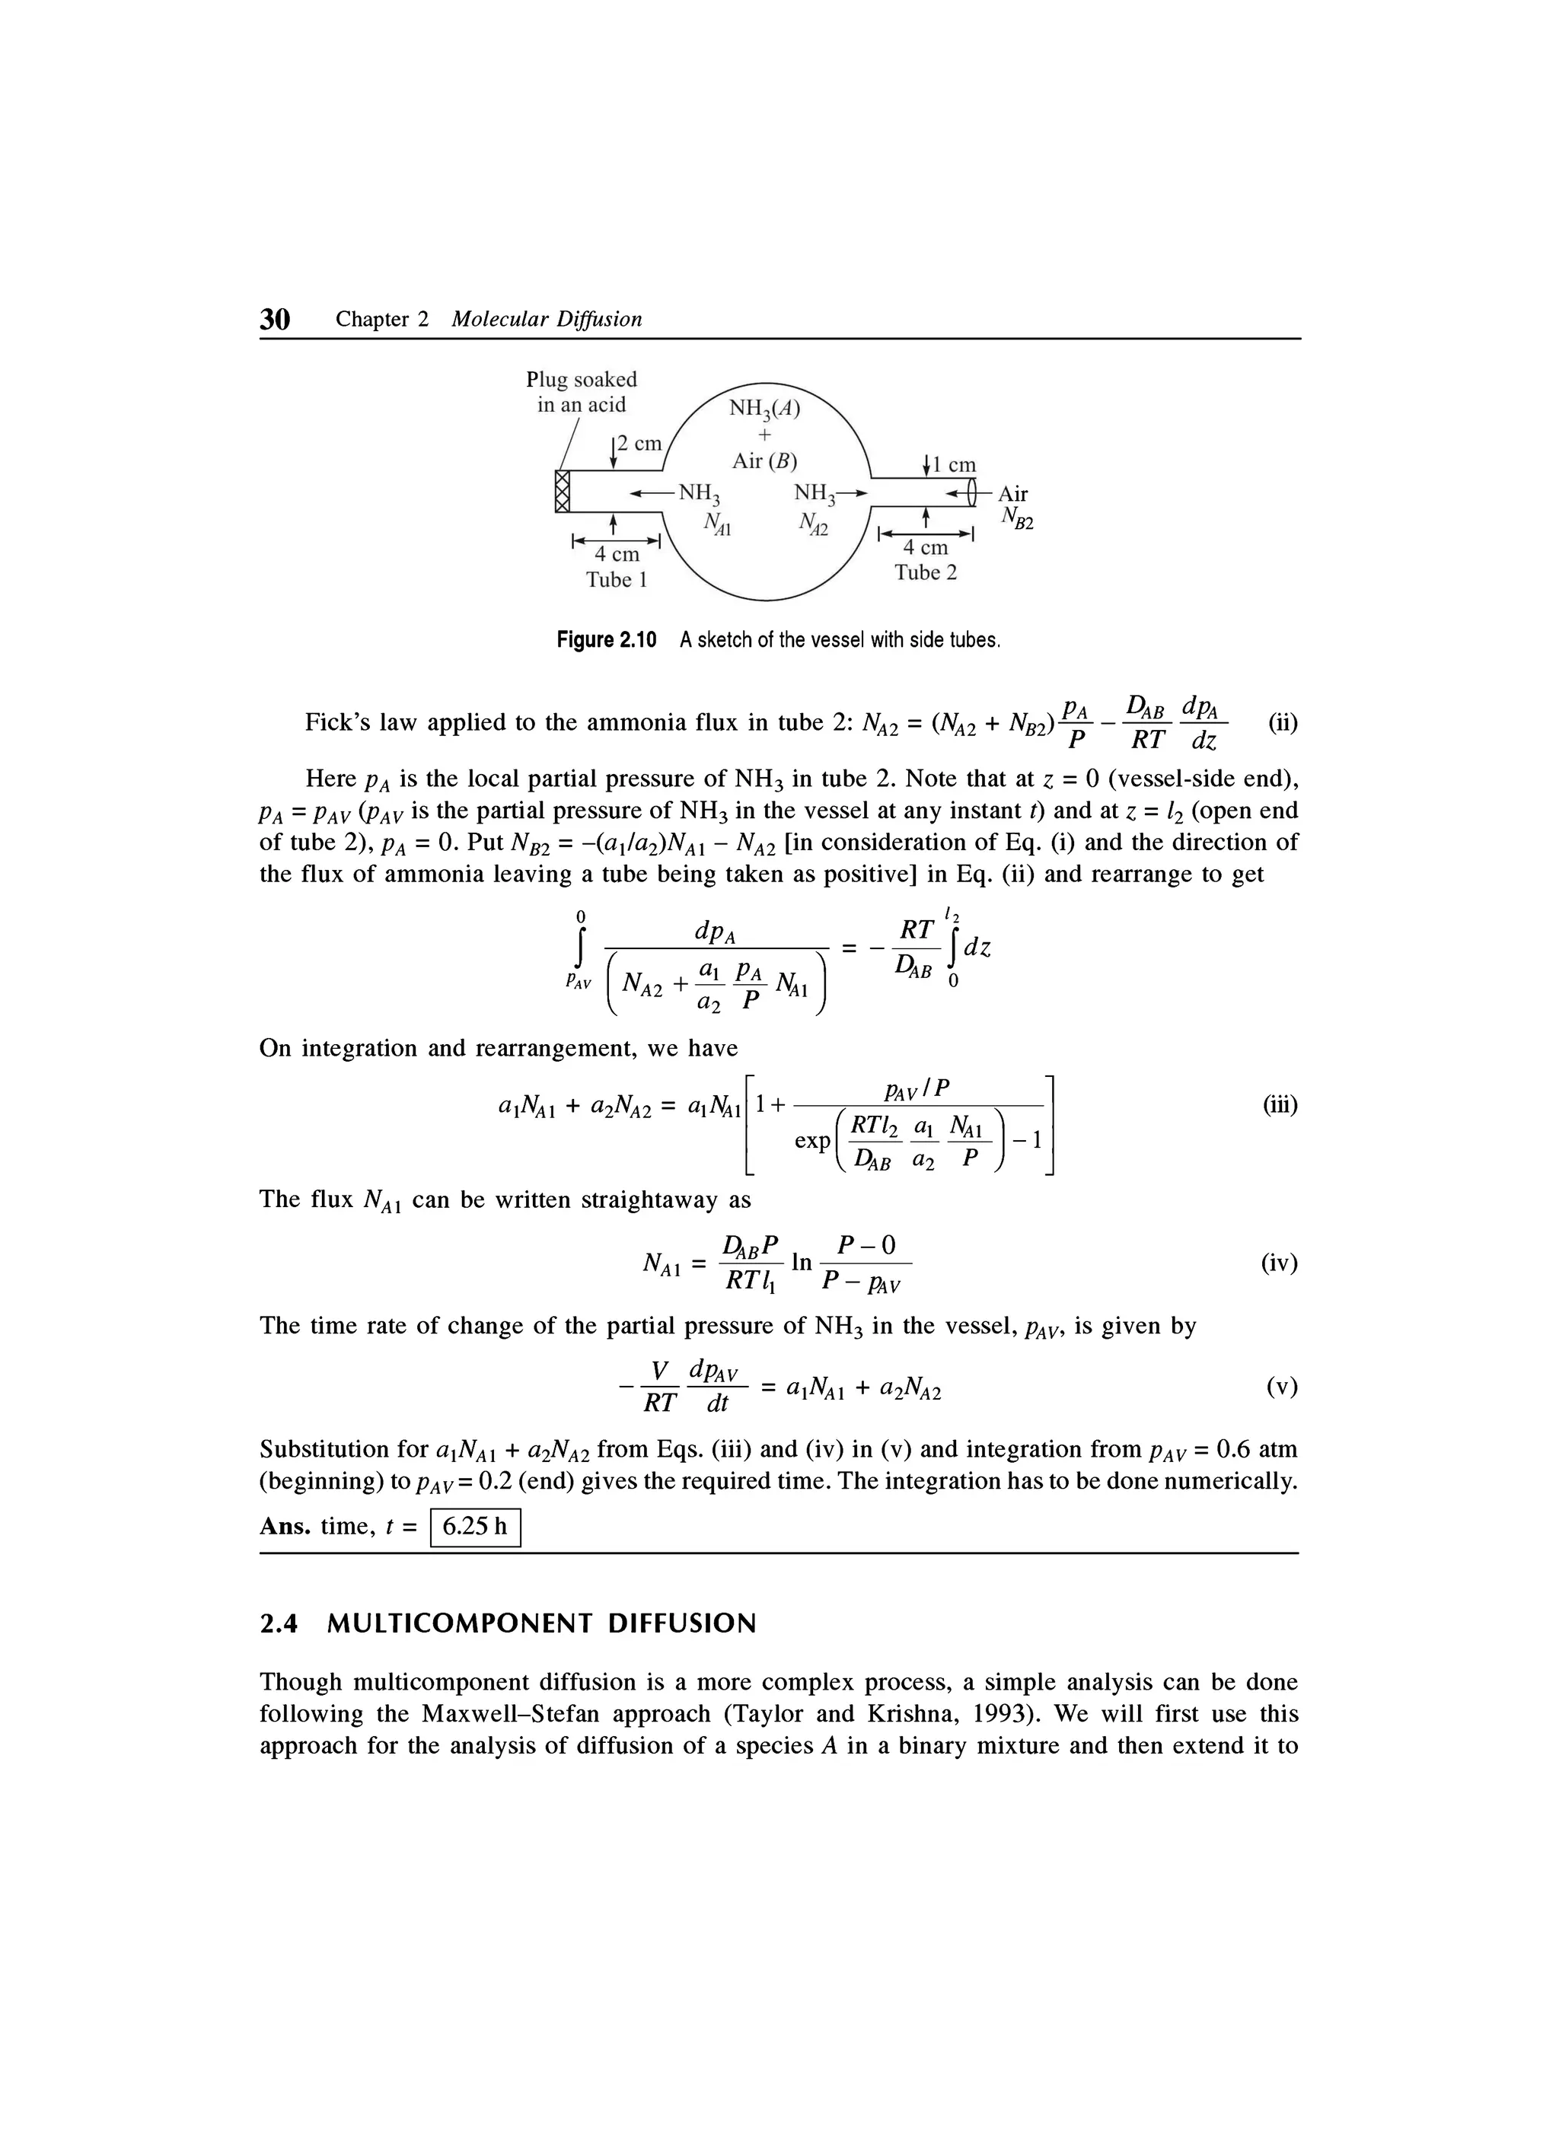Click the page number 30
click(x=274, y=320)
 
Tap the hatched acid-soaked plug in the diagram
click(x=563, y=492)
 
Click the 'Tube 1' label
click(x=616, y=579)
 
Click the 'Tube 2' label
click(x=926, y=572)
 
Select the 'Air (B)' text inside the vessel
click(x=764, y=461)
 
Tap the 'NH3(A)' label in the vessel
click(x=764, y=409)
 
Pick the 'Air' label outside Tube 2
click(x=1012, y=493)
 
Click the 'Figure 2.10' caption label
click(x=605, y=640)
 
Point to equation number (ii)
click(x=1282, y=723)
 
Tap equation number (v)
click(x=1282, y=1387)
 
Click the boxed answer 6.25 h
click(x=476, y=1526)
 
